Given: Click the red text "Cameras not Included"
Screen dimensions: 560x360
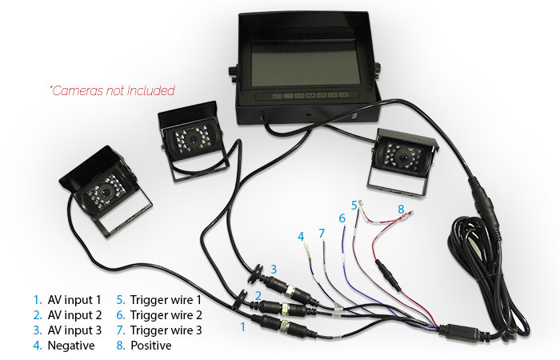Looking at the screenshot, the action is [112, 90].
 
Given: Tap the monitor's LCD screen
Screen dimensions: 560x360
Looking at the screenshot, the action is [306, 65].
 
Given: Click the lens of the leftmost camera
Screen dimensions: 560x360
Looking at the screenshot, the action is [106, 193].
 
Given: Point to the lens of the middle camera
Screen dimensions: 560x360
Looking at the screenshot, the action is [193, 140].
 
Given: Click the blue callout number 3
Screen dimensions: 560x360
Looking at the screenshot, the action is [274, 269].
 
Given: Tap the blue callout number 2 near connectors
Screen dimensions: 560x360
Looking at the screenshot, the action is [258, 296].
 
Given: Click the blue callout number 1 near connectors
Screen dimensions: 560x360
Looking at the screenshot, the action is [243, 326].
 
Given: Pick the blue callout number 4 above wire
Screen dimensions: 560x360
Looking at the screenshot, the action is [301, 237].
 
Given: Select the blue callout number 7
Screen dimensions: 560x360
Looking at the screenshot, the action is [322, 234].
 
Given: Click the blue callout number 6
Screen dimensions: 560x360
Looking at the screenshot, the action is [342, 218].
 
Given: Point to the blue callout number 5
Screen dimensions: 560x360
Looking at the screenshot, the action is [354, 206].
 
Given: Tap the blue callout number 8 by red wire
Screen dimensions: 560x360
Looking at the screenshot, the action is [401, 210].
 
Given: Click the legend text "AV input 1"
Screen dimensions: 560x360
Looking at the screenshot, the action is [74, 300].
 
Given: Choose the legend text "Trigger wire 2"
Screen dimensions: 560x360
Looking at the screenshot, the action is [166, 315].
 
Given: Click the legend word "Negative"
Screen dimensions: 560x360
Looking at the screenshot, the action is [71, 346].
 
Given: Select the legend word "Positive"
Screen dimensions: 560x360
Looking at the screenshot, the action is [150, 346].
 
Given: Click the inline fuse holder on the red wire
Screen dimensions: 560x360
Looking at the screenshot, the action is [388, 275].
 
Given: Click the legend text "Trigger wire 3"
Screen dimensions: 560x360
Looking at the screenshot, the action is [166, 330].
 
